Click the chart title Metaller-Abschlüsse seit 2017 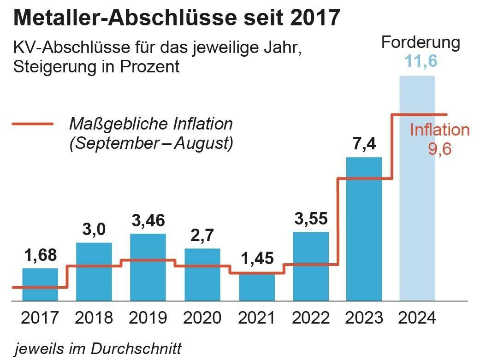(x=177, y=19)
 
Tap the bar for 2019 (x=148, y=267)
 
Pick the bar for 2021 (x=257, y=288)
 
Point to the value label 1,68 (x=40, y=254)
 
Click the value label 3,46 (x=148, y=220)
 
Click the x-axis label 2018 (x=95, y=318)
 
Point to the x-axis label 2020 (x=202, y=318)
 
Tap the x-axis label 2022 (x=311, y=318)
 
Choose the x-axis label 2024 (x=417, y=318)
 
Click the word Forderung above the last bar (x=421, y=43)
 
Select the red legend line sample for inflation (x=32, y=124)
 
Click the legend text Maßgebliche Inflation (x=151, y=124)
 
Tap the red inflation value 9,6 (x=439, y=150)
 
